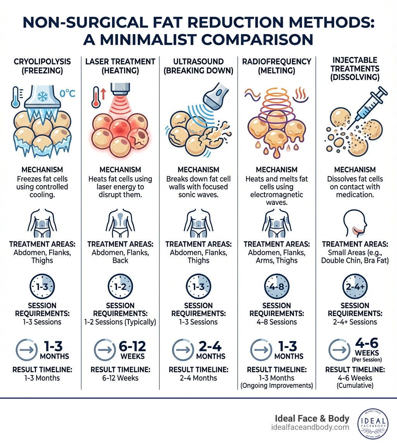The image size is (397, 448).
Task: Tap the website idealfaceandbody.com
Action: [310, 427]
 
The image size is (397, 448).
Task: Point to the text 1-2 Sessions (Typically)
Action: [120, 322]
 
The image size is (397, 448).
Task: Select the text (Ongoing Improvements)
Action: [277, 385]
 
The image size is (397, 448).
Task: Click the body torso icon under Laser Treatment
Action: [120, 224]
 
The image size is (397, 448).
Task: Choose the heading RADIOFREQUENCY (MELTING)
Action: [277, 66]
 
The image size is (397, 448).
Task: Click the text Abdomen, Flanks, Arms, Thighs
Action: [277, 256]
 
